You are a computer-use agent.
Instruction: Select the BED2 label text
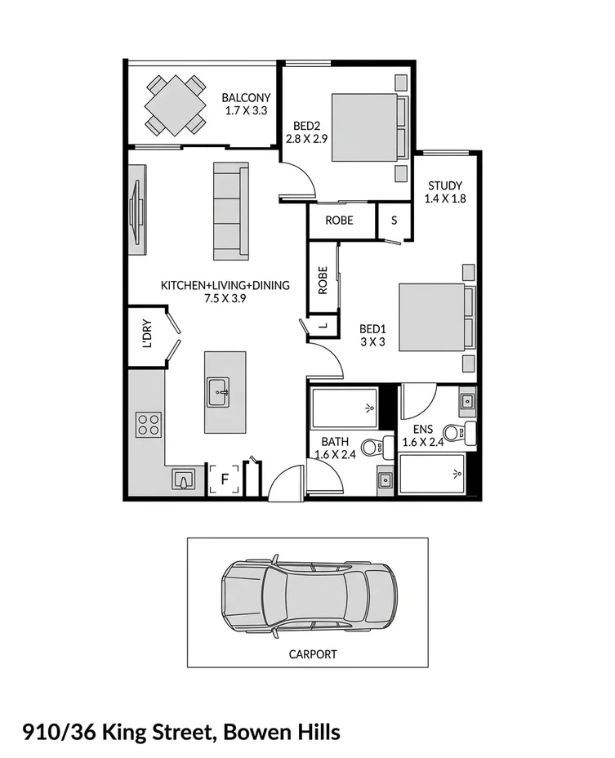click(x=306, y=126)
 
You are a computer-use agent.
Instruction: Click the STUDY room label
click(x=444, y=185)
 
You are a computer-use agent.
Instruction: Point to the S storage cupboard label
click(x=394, y=221)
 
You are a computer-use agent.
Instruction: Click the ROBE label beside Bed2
click(x=339, y=221)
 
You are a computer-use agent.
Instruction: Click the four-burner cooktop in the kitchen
click(x=148, y=424)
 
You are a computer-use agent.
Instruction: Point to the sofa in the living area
click(x=230, y=211)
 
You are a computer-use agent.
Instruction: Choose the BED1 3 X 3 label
click(x=372, y=336)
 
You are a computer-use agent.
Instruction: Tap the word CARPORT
click(x=313, y=654)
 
